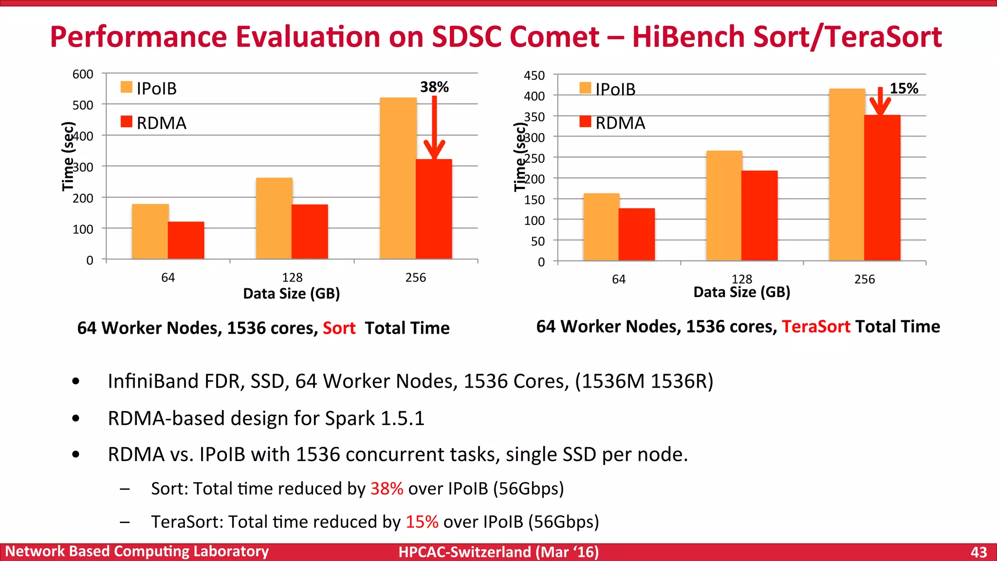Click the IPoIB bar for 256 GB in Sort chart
coord(398,178)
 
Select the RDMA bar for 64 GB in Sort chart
coord(186,240)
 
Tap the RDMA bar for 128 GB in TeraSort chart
coord(759,215)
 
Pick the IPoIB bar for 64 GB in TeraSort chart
coord(601,227)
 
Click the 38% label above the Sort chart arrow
coord(434,87)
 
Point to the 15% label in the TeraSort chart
coord(904,89)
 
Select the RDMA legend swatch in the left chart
coord(127,122)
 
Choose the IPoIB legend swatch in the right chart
coord(585,88)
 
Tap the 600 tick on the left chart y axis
coord(83,75)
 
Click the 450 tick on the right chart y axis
coord(534,76)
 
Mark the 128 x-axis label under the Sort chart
coord(292,278)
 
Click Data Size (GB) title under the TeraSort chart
coord(741,292)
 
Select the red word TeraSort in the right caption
coord(816,326)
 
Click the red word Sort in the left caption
coord(339,328)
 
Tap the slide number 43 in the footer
coord(979,552)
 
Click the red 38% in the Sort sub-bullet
coord(387,488)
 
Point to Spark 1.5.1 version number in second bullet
coord(402,418)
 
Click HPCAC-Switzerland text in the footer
coord(464,552)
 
